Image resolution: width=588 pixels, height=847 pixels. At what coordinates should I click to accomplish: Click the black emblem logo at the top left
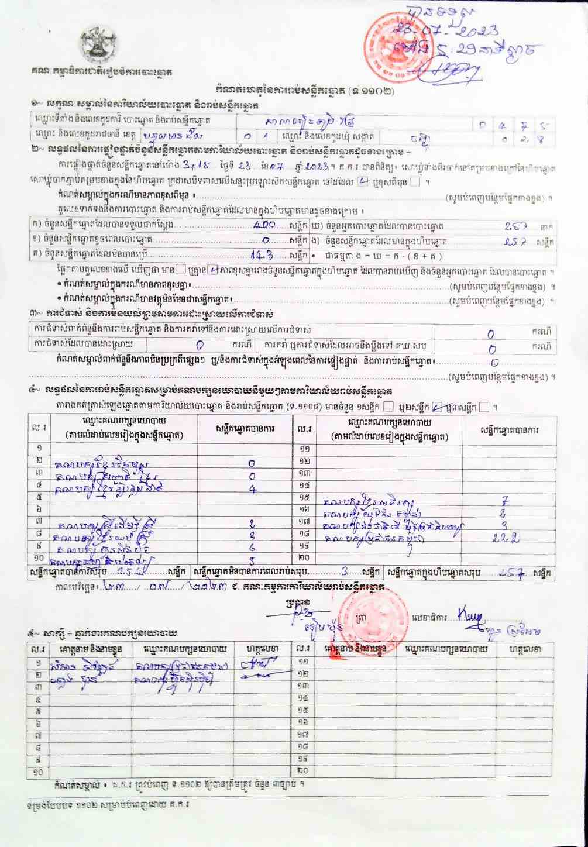[98, 44]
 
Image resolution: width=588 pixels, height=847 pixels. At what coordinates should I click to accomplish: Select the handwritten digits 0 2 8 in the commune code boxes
[526, 139]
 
